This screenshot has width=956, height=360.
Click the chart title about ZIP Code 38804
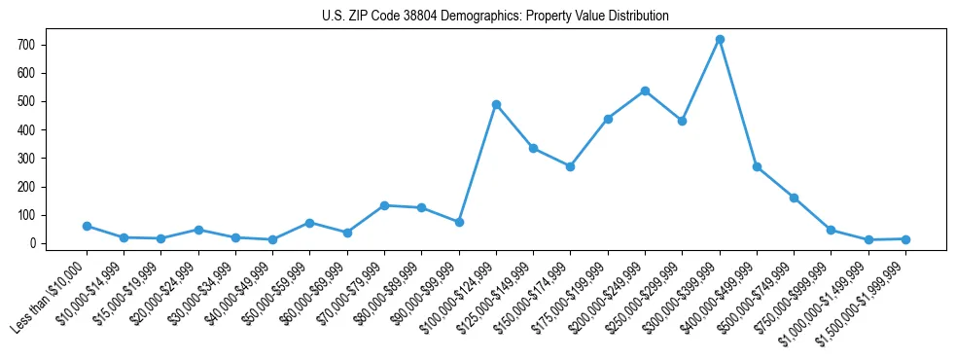[495, 17]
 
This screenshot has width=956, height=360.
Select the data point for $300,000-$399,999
[720, 40]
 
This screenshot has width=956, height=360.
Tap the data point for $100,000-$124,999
[496, 104]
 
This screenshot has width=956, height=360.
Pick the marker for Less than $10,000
[87, 226]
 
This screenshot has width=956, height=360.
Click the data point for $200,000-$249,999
[645, 90]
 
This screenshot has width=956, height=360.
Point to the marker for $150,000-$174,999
[570, 166]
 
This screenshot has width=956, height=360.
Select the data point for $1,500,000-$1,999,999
[905, 238]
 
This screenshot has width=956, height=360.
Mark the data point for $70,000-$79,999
[384, 205]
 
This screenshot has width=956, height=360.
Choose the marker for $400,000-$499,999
[757, 166]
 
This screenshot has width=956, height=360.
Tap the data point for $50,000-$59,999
[309, 223]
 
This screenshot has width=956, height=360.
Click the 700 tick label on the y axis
[27, 45]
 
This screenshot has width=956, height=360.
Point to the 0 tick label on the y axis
[33, 243]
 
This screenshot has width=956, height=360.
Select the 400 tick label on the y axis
[27, 129]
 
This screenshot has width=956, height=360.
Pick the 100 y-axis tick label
[27, 215]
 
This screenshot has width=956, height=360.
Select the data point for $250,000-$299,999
[682, 122]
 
